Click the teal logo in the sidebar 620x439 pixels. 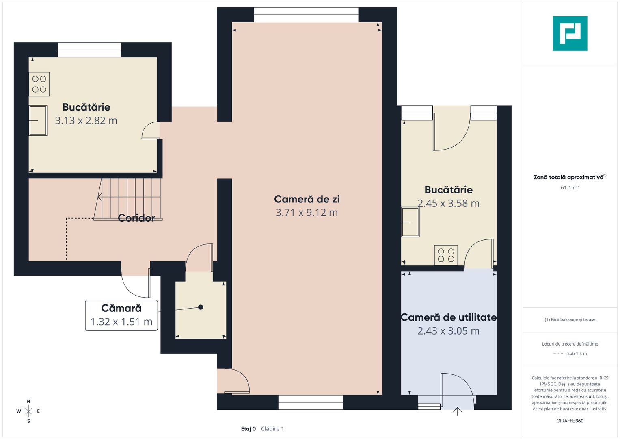pos(570,33)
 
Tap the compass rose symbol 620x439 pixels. pos(28,411)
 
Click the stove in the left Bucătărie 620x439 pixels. pos(39,84)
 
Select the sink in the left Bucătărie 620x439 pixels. pos(38,120)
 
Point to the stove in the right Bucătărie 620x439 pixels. pos(446,255)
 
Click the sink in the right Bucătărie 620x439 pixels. pos(410,222)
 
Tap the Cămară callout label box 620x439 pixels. pos(121,315)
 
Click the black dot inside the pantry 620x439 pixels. pos(201,307)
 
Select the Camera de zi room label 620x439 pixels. pos(307,199)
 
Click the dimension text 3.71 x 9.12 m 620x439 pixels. pos(307,213)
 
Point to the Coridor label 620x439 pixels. pos(136,218)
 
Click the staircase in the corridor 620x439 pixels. pos(128,199)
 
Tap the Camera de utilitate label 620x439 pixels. pos(448,317)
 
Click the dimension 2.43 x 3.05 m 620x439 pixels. pos(448,331)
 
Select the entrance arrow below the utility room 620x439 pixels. pos(457,411)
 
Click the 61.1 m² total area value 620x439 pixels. pos(570,188)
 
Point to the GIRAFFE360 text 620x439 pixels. pos(570,421)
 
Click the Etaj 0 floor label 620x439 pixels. pos(248,429)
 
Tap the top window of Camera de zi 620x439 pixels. pos(306,15)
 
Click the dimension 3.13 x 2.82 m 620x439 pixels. pos(86,121)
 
